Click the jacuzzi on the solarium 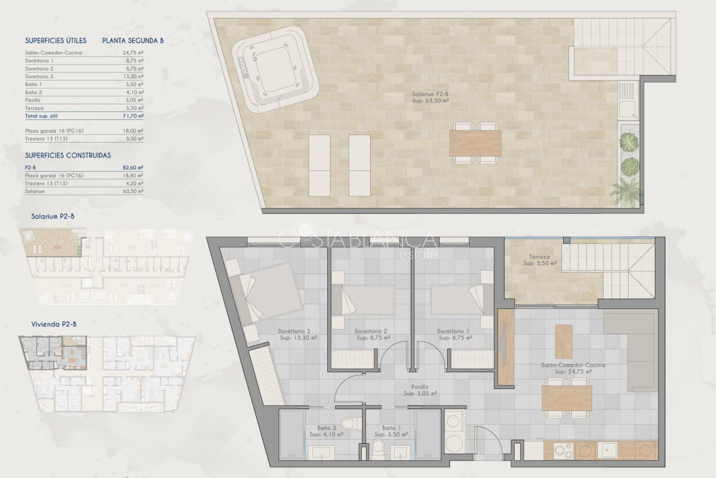[275, 69]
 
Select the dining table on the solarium [475, 143]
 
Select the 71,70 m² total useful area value [133, 116]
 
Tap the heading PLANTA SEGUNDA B [133, 41]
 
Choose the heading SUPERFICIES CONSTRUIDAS [68, 155]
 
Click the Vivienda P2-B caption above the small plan [54, 324]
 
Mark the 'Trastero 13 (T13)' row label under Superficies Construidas [46, 183]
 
